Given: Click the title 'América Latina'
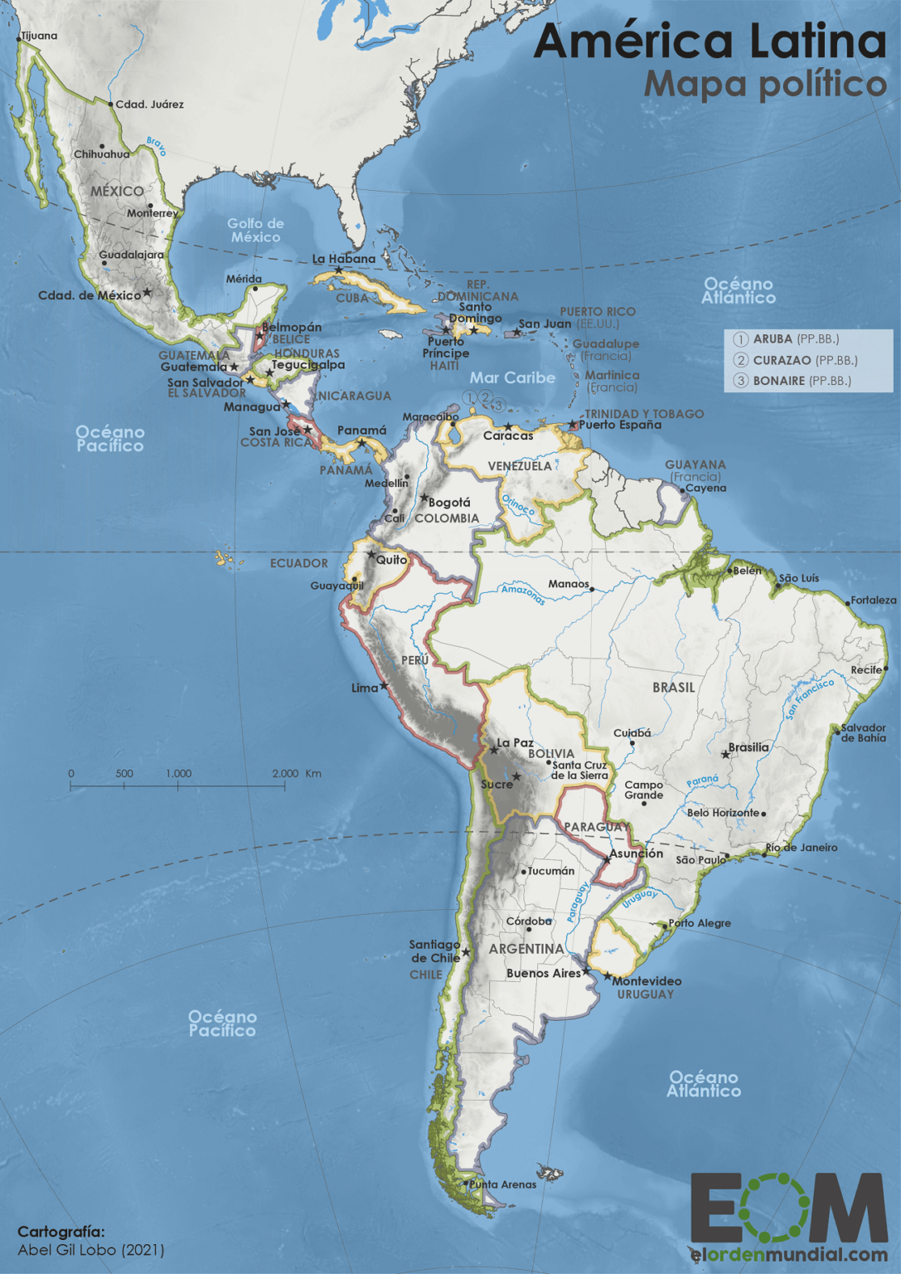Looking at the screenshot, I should point(710,41).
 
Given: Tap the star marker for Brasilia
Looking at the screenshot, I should point(726,754).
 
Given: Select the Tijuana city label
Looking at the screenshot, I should point(39,36).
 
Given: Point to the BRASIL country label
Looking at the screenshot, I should point(673,688).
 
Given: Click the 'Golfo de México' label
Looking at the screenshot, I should point(255,230).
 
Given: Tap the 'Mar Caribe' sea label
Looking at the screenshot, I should point(512,377).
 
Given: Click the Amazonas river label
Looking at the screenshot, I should point(523,594).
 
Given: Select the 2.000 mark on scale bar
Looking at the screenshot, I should point(285,773).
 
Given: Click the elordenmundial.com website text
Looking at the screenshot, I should point(788,1255).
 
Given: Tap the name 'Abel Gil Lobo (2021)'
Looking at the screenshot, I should point(91,1250).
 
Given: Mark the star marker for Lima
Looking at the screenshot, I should point(384,686).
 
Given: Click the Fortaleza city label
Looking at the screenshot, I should point(874,600).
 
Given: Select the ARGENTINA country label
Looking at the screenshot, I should point(526,948).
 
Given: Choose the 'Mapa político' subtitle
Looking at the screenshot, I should point(765,85).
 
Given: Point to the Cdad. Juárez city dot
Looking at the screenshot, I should point(110,105).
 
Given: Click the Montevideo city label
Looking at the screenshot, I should point(647,981).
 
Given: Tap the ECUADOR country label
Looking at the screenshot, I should point(298,563).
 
